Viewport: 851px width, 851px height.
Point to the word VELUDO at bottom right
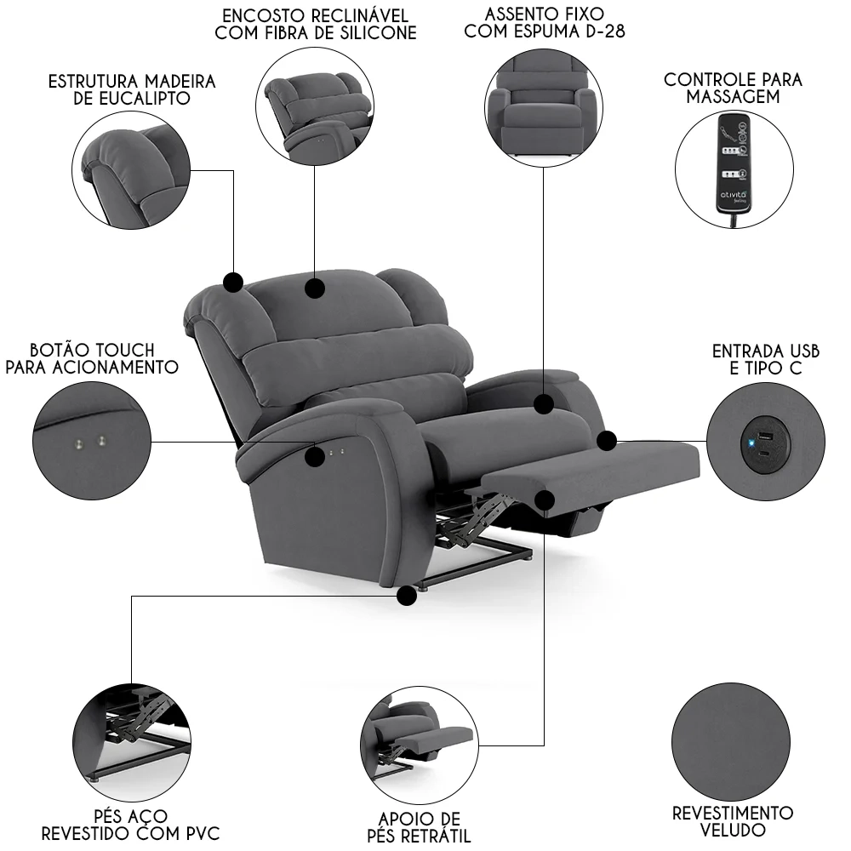coord(733,830)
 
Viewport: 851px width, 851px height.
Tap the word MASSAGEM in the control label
coord(734,97)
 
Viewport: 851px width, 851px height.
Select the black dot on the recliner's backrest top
coord(315,288)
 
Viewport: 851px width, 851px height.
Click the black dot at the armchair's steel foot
coord(408,597)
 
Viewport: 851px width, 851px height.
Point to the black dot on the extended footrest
coord(544,500)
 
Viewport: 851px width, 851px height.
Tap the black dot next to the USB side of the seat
coord(606,441)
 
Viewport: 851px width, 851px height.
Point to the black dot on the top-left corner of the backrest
coord(233,282)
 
